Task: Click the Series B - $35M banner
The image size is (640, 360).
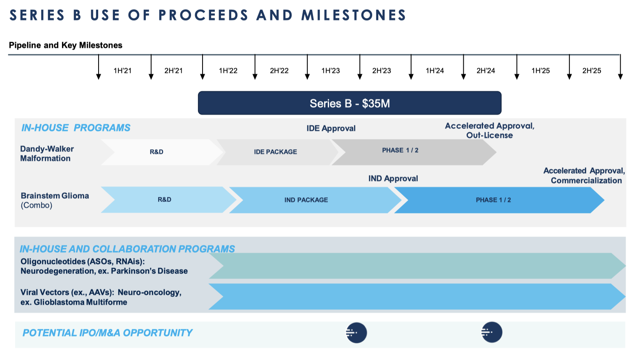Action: (350, 103)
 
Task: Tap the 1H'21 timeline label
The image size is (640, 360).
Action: (122, 71)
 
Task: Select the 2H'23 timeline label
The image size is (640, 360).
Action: (382, 71)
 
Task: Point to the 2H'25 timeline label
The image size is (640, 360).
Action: (592, 71)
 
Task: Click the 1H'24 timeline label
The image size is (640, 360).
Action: (435, 71)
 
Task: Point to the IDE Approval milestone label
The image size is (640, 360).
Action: (331, 128)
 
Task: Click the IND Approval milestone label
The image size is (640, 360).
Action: (393, 179)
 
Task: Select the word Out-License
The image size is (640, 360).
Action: (489, 135)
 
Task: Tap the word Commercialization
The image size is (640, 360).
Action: (586, 180)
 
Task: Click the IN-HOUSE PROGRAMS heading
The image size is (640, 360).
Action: (76, 128)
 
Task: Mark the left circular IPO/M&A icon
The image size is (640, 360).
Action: (356, 332)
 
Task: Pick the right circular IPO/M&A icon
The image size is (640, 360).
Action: (492, 332)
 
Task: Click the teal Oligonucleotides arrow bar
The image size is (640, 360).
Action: (417, 266)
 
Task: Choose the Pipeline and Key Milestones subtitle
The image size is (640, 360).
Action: (65, 45)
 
